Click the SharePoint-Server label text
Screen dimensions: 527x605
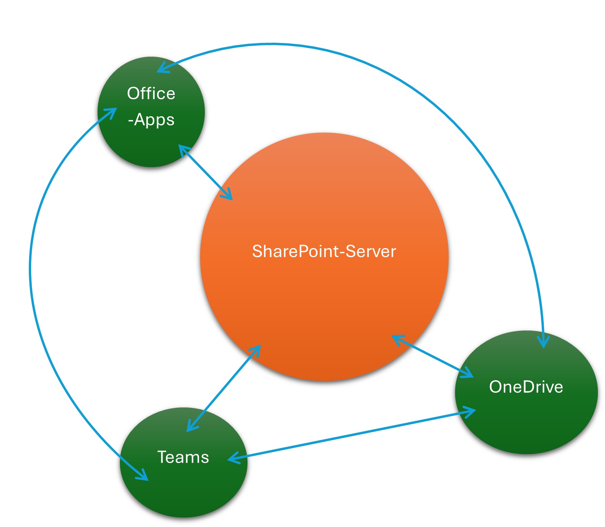tap(324, 251)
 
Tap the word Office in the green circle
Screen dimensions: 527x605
tap(151, 94)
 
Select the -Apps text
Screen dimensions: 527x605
tap(151, 120)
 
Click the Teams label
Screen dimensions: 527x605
tap(183, 457)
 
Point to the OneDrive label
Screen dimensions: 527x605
tap(526, 387)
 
